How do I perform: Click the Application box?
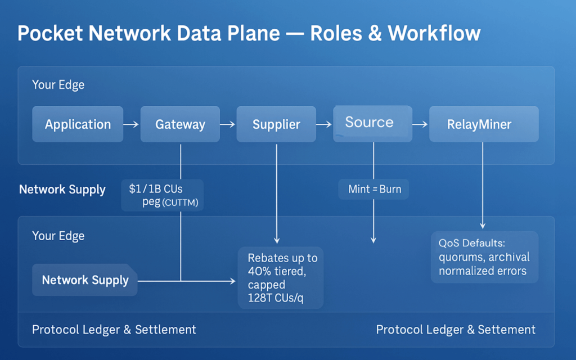tap(78, 124)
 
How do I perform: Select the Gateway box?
tap(180, 124)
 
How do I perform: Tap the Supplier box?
tap(276, 124)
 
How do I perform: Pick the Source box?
tap(369, 122)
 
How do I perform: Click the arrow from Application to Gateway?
tap(131, 124)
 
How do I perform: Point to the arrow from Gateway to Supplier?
tap(228, 124)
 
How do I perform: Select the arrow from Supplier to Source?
tap(325, 124)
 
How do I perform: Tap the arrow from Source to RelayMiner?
tap(420, 124)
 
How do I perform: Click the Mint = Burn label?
tap(375, 189)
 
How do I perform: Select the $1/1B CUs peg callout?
tap(163, 195)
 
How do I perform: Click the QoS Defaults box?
tap(484, 257)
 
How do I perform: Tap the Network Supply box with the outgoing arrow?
tap(85, 280)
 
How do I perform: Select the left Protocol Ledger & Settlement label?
tap(114, 330)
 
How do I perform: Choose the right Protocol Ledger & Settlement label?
tap(456, 330)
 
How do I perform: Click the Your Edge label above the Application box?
tap(58, 85)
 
